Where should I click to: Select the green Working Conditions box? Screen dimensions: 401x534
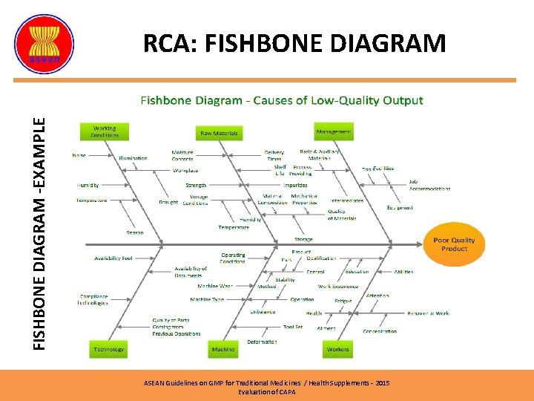point(105,131)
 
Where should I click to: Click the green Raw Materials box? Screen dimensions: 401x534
point(219,133)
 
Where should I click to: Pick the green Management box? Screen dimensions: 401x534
point(334,131)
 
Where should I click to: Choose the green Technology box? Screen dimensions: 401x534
point(109,348)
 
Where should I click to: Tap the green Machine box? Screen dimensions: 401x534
point(222,348)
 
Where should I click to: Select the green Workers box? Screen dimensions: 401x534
point(337,348)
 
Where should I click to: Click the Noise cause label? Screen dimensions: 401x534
point(79,155)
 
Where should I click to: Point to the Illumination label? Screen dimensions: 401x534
point(133,157)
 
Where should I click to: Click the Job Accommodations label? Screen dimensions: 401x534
point(429,185)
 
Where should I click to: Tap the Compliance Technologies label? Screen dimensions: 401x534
point(93,299)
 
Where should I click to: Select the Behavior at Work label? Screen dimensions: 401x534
point(426,313)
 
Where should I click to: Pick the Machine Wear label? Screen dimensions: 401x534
point(215,286)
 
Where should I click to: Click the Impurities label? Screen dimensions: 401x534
point(295,185)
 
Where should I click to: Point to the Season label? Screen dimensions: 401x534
point(134,232)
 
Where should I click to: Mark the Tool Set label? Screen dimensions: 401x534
point(293,327)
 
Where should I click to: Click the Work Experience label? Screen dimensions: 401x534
point(337,286)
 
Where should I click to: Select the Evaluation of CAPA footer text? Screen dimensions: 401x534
point(266,391)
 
